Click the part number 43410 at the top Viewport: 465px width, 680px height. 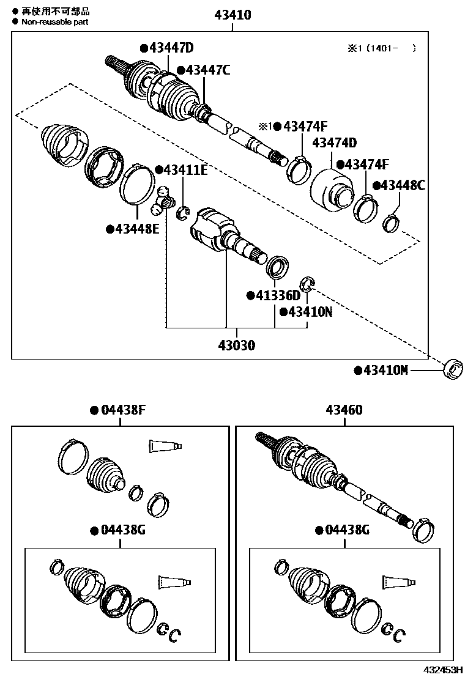[232, 15]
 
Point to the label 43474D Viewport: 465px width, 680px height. [334, 143]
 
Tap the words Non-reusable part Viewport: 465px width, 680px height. [56, 21]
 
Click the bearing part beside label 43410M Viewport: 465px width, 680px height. [453, 368]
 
